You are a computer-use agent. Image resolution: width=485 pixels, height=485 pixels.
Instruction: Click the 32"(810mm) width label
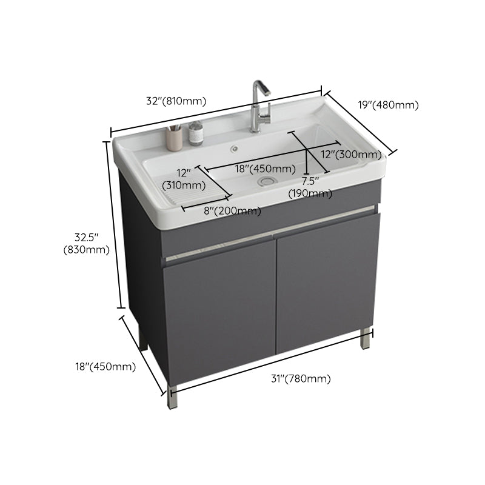[176, 101]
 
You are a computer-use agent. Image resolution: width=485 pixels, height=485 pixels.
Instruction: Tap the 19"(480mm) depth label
[388, 105]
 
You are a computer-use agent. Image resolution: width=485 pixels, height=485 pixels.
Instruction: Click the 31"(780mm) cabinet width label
[301, 379]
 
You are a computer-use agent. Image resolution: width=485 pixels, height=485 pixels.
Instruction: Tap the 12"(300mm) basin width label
[351, 155]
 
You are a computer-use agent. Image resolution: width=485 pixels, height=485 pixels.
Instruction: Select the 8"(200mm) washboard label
[232, 211]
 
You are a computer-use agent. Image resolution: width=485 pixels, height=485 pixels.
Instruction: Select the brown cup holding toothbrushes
[175, 138]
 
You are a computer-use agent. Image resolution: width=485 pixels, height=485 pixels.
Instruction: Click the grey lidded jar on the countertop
[196, 133]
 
